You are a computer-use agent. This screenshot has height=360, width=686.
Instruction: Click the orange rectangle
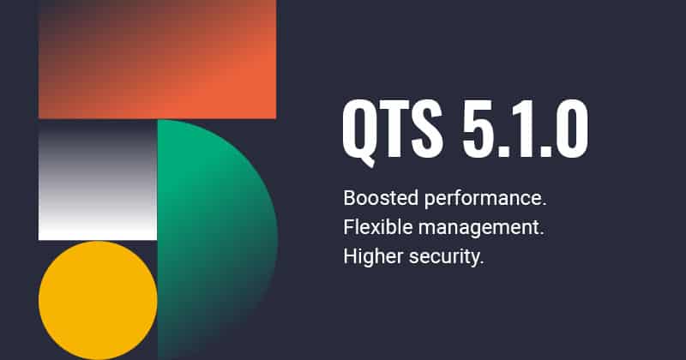tap(157, 58)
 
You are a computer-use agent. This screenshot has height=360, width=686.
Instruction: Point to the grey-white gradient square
tap(98, 180)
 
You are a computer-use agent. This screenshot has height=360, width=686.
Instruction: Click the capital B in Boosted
tap(348, 199)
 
